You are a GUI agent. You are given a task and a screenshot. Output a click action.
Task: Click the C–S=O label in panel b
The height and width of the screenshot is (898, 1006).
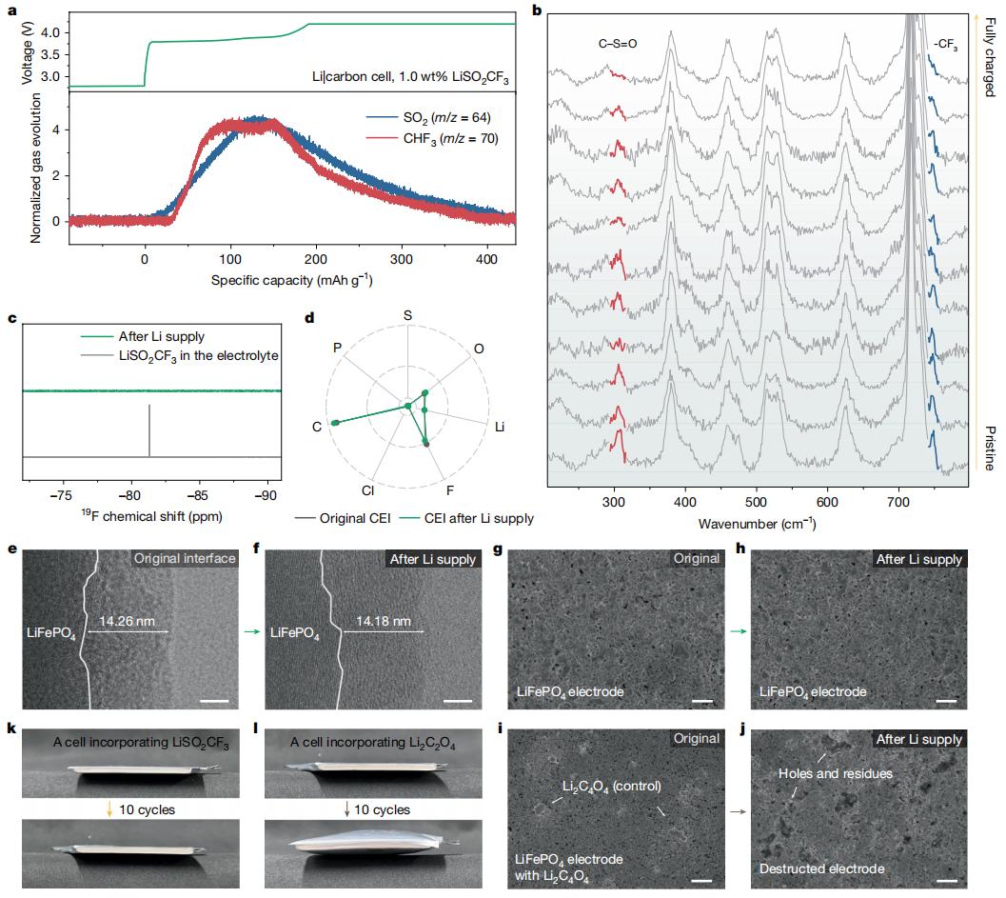pos(613,43)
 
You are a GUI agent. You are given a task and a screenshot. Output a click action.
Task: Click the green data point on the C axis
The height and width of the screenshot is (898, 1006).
pos(335,422)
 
